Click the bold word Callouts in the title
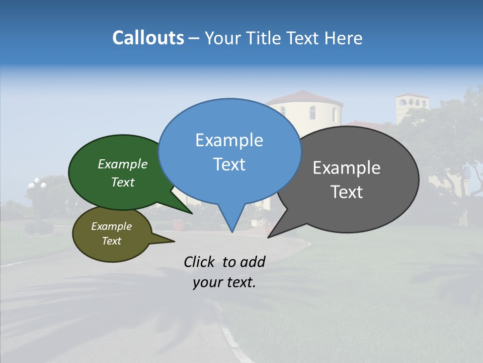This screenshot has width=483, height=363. click(x=148, y=38)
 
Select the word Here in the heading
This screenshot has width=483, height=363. click(x=343, y=38)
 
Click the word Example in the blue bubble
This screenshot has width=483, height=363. click(x=229, y=140)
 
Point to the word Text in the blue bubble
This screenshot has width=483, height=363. click(x=229, y=164)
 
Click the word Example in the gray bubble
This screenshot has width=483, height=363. click(x=347, y=168)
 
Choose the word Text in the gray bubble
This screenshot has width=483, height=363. click(x=347, y=192)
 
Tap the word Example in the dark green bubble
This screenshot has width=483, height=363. click(x=123, y=164)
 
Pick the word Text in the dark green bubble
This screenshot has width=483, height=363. click(x=123, y=182)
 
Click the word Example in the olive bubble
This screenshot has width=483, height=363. click(x=111, y=226)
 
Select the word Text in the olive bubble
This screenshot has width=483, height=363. click(x=111, y=241)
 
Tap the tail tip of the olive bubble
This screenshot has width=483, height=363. click(x=174, y=241)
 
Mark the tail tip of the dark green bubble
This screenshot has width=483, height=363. click(x=192, y=213)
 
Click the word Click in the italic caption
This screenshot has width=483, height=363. click(x=200, y=262)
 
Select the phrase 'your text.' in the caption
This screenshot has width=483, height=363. click(x=224, y=282)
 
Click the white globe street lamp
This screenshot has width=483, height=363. click(x=37, y=184)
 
